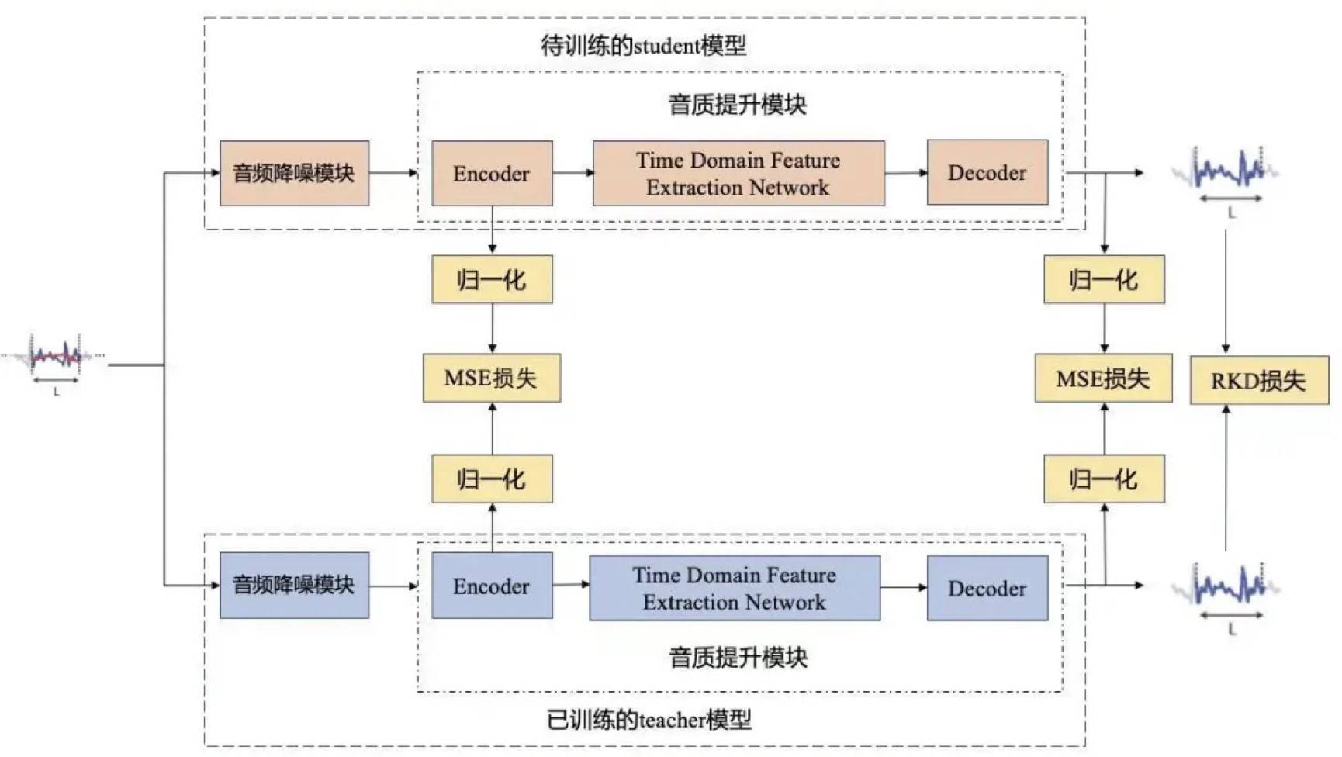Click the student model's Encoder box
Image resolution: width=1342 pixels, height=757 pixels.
point(492,173)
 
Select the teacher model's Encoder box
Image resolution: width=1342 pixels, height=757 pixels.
point(492,586)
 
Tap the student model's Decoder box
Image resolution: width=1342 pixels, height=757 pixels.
point(987,172)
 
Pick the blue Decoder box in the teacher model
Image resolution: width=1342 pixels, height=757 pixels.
point(987,588)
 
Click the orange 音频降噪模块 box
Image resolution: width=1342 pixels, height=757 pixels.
point(294,173)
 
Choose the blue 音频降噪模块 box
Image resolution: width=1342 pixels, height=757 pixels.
point(294,585)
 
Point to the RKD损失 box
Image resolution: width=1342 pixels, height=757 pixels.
point(1258,380)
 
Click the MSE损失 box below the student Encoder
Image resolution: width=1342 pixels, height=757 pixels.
point(491,378)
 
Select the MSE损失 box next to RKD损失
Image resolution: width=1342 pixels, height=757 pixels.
point(1103,378)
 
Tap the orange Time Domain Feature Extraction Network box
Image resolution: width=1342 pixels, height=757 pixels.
point(738,173)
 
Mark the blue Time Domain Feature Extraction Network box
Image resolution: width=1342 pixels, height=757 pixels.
point(735,588)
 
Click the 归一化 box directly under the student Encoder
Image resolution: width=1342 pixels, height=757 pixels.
point(492,279)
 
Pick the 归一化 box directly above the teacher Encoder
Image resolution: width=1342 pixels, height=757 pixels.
point(492,479)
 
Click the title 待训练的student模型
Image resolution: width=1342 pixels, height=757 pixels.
point(643,46)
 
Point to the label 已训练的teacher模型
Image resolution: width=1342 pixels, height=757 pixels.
point(649,720)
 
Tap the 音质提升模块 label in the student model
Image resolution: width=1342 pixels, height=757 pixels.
point(738,105)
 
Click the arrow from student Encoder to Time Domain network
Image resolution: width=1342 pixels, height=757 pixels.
point(572,172)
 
